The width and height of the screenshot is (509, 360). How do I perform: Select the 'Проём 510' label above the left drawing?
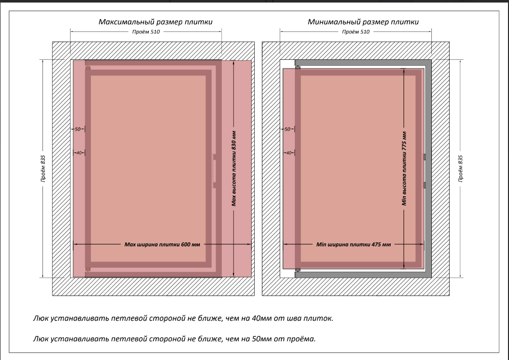tap(146, 31)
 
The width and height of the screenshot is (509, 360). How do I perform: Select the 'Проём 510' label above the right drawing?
tap(355, 31)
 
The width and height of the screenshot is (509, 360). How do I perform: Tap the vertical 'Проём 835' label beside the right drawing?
tap(461, 168)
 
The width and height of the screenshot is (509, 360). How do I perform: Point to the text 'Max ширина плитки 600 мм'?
tap(162, 244)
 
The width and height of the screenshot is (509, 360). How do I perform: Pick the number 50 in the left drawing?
tap(78, 129)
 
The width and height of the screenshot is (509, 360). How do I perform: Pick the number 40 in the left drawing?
tap(78, 153)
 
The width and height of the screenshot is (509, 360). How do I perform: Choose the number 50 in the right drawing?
tap(287, 129)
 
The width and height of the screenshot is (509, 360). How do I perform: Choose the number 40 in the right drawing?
tap(287, 153)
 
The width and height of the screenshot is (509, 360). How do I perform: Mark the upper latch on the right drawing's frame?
tap(424, 157)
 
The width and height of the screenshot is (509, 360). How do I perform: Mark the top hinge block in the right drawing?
tap(298, 67)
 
